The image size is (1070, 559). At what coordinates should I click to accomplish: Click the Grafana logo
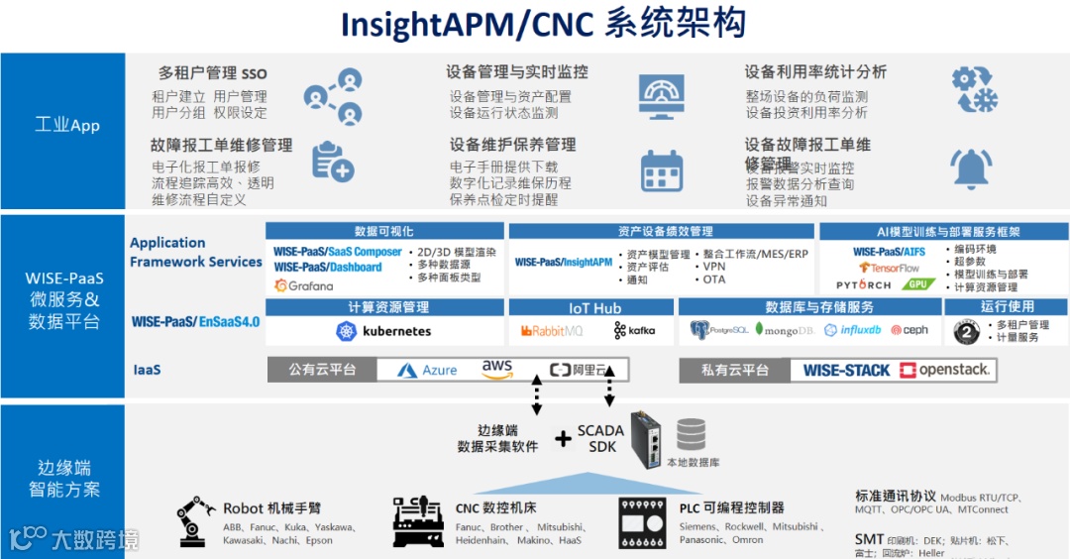(x=304, y=285)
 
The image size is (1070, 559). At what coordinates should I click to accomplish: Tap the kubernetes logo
(x=383, y=331)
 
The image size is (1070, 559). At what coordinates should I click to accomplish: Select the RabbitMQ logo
(x=552, y=331)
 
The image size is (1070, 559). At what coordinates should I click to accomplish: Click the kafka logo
(x=634, y=331)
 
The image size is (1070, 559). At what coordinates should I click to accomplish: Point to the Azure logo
(x=427, y=370)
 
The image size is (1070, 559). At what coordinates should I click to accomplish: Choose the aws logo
(x=497, y=369)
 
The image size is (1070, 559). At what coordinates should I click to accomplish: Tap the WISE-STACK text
(x=846, y=370)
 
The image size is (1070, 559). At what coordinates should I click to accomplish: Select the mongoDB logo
(x=785, y=330)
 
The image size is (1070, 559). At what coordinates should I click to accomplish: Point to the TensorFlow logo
(x=889, y=268)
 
